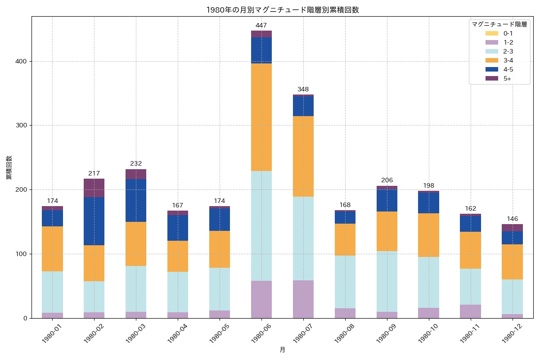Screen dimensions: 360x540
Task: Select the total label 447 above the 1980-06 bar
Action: point(261,25)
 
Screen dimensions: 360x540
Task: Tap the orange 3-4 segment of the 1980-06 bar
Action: point(261,117)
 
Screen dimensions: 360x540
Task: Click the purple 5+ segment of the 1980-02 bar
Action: point(94,188)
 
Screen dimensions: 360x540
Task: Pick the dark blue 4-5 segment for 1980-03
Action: point(136,200)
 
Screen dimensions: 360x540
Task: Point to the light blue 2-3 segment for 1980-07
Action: point(303,238)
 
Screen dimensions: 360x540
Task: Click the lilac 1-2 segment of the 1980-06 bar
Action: point(261,299)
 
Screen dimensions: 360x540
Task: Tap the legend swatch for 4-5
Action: point(491,69)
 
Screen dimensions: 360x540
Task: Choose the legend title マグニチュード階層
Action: point(499,24)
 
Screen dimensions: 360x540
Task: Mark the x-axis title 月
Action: point(282,350)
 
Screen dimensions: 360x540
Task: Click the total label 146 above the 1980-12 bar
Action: point(513,219)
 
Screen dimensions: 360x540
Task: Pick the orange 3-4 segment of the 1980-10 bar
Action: point(429,235)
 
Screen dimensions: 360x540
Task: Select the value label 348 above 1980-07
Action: point(303,90)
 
